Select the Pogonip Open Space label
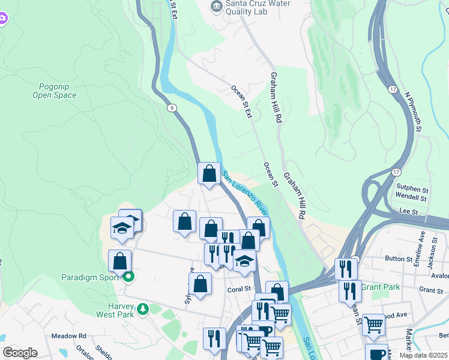tap(55, 90)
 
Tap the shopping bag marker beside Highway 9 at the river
tap(209, 174)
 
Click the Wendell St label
tap(411, 197)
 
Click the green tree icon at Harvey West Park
tap(143, 309)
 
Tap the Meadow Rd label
tap(68, 336)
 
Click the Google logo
tap(20, 352)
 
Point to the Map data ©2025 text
tap(423, 355)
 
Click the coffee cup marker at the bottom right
tap(376, 354)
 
